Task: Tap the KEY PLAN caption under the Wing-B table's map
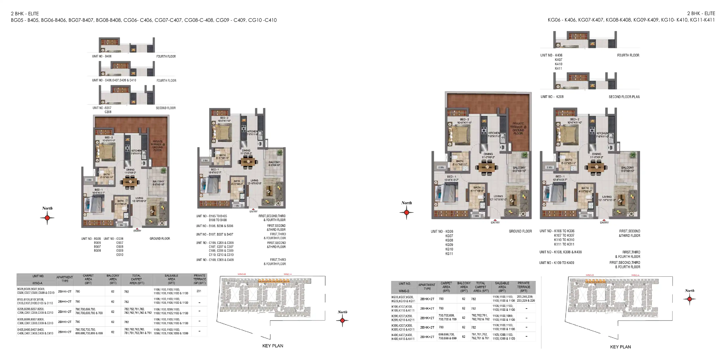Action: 620,347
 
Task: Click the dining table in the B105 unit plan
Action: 248,162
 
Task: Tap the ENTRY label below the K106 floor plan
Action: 604,223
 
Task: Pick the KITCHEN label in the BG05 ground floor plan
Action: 136,151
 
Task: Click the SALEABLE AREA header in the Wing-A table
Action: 171,279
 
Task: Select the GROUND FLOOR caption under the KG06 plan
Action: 520,231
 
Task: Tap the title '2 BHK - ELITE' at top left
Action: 25,14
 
